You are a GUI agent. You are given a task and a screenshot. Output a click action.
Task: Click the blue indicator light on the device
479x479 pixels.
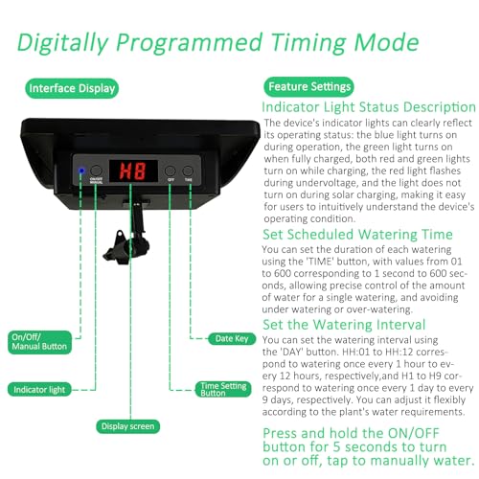[81, 171]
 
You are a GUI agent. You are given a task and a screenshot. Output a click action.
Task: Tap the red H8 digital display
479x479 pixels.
[133, 171]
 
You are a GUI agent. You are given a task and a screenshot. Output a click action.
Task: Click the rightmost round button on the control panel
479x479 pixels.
[188, 171]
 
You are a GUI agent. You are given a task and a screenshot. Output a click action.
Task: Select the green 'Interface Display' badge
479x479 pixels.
[72, 88]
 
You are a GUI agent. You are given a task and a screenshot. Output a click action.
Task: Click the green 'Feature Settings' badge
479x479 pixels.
[309, 86]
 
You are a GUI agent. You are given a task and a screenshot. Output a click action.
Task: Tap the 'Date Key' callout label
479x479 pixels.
[232, 338]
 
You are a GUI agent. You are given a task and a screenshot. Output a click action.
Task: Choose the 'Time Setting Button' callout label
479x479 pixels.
[223, 389]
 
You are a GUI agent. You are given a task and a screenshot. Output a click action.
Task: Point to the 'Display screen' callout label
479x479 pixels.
[127, 426]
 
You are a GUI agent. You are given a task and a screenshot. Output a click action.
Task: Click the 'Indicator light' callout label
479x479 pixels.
[39, 390]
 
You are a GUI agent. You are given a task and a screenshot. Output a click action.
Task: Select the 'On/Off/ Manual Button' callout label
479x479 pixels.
[39, 342]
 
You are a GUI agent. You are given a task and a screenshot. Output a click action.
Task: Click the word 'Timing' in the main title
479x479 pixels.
[308, 43]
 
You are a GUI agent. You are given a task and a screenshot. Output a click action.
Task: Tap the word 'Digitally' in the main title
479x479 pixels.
[63, 43]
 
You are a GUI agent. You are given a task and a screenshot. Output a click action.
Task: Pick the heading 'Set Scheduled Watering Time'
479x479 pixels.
[357, 235]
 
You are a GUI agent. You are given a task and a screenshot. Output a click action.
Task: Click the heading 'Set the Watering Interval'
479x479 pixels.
[344, 325]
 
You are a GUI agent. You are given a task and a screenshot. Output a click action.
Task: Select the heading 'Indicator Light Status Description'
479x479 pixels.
[369, 107]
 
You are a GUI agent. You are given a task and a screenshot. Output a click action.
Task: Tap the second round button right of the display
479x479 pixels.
[188, 171]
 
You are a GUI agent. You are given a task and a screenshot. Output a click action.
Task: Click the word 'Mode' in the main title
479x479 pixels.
[387, 43]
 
